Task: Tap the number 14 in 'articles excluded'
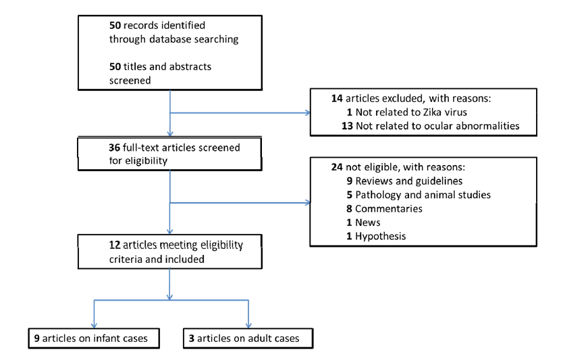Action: (337, 98)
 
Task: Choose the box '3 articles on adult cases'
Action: (248, 337)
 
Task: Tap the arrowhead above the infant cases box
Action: (92, 324)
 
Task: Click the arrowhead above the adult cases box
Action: (249, 324)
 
